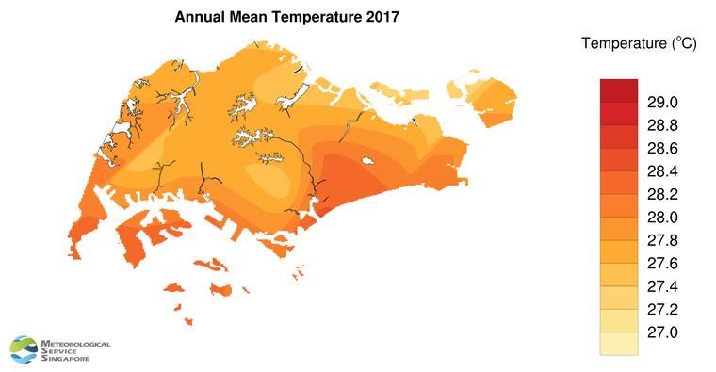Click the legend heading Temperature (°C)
pyautogui.click(x=638, y=43)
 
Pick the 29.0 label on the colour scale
pyautogui.click(x=659, y=102)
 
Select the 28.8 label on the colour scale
pyautogui.click(x=659, y=125)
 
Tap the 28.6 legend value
pyautogui.click(x=659, y=148)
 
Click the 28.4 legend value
pyautogui.click(x=659, y=171)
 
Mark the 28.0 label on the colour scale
pyautogui.click(x=659, y=218)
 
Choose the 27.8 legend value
pyautogui.click(x=659, y=240)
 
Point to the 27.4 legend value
pyautogui.click(x=659, y=286)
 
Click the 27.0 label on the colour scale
pyautogui.click(x=659, y=332)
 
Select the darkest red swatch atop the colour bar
pyautogui.click(x=619, y=90)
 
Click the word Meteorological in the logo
pyautogui.click(x=76, y=345)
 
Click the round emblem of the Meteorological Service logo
pyautogui.click(x=24, y=349)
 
